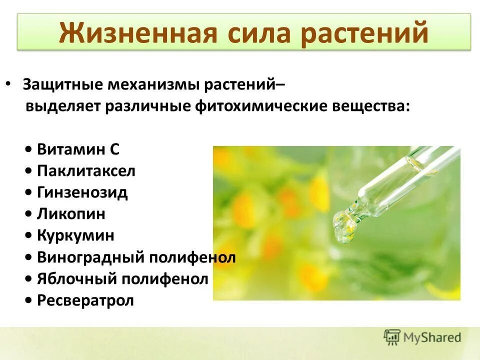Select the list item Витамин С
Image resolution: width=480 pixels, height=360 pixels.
point(78,149)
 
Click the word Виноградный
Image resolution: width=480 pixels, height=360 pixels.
point(90,257)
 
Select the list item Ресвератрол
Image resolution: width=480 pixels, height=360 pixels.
point(85,300)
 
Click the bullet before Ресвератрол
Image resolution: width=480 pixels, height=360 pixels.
point(29,300)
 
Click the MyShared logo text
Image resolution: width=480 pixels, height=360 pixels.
point(433,337)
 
